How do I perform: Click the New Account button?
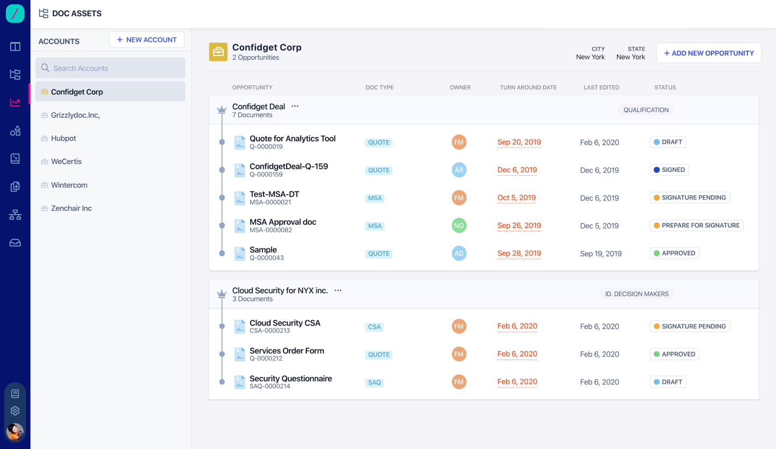point(147,40)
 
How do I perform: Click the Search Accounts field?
point(110,68)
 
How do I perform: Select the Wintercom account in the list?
point(69,185)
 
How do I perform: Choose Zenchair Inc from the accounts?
point(71,208)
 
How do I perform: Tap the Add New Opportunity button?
point(709,53)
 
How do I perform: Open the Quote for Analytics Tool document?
point(292,139)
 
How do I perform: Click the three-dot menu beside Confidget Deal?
point(295,106)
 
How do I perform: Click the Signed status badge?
point(669,170)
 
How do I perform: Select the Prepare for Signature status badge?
point(696,225)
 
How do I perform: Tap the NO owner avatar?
point(459,226)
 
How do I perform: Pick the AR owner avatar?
point(459,170)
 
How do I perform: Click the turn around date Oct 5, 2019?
point(516,198)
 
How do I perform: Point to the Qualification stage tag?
point(646,110)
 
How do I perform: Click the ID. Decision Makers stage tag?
point(636,294)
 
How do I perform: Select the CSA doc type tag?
point(374,327)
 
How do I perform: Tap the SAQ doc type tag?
point(374,383)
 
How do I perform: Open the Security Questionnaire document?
point(290,378)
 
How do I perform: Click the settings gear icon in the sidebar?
point(15,411)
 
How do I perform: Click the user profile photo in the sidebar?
point(15,431)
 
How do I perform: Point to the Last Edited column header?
point(601,87)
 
